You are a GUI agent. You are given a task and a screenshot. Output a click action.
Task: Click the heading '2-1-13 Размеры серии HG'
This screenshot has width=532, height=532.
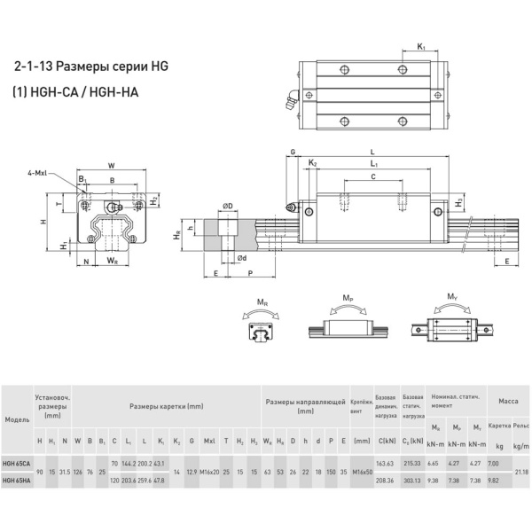pos(90,66)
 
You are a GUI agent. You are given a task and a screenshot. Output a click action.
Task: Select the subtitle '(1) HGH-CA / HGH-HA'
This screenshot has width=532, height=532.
pos(75,91)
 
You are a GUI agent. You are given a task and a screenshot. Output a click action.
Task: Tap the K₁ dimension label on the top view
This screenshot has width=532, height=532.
pos(421,46)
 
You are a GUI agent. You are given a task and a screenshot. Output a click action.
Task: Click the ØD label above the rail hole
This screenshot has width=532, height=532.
pos(227,207)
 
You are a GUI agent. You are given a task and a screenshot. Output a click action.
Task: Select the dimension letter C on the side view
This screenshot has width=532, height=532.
pos(372,178)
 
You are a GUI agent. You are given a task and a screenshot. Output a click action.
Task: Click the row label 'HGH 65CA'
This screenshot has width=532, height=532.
pos(15,464)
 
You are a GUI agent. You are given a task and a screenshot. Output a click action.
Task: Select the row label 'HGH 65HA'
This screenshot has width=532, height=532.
pos(15,481)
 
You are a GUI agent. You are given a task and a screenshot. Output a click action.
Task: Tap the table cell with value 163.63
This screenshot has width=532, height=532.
pos(386,464)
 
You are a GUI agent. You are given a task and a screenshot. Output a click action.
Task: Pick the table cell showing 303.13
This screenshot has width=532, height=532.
pos(411,481)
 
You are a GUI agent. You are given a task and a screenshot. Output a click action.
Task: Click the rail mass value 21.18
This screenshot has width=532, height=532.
pos(520,472)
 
